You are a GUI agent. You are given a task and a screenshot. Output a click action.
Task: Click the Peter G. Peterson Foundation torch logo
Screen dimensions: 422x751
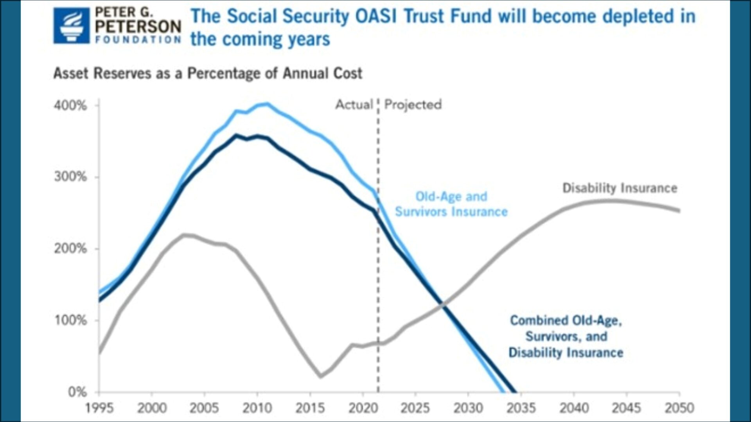click(x=72, y=26)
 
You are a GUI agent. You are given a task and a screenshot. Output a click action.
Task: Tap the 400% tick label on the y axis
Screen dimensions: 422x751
click(x=70, y=105)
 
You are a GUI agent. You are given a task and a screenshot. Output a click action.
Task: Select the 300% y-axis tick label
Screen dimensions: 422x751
click(x=70, y=177)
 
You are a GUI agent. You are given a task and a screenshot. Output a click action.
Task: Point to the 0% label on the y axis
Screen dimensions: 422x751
click(x=77, y=392)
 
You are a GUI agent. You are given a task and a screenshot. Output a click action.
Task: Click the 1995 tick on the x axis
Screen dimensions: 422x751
click(x=99, y=408)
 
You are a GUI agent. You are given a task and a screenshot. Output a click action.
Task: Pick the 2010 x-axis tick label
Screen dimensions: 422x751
click(x=257, y=408)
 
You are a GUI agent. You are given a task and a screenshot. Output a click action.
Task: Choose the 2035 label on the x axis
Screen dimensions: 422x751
click(x=521, y=408)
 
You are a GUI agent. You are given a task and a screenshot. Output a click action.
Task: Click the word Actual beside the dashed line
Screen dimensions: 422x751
click(x=354, y=105)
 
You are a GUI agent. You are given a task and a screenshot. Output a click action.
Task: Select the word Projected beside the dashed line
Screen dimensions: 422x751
click(x=413, y=105)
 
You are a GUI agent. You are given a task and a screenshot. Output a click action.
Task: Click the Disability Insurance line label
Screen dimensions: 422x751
click(x=620, y=188)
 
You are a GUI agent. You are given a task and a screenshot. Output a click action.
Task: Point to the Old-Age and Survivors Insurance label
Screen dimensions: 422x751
click(x=451, y=204)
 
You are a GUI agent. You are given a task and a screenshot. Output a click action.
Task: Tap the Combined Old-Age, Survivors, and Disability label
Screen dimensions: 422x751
click(x=566, y=336)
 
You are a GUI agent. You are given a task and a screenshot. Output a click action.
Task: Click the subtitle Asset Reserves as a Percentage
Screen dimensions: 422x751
click(x=208, y=73)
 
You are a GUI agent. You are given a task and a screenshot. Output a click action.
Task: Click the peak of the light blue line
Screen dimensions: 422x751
click(x=267, y=104)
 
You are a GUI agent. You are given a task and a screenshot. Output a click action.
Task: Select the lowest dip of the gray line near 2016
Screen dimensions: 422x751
click(x=321, y=376)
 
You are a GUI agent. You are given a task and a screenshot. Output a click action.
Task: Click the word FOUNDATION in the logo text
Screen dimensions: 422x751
click(x=138, y=39)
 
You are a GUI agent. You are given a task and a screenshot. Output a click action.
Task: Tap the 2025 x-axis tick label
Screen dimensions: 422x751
click(x=415, y=408)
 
